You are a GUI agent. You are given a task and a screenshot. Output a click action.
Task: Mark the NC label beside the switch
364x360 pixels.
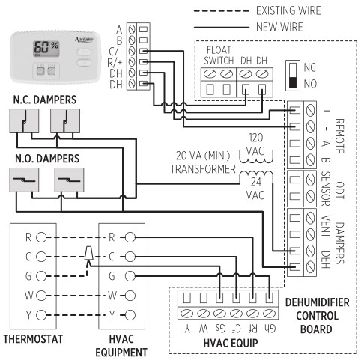pyautogui.click(x=309, y=66)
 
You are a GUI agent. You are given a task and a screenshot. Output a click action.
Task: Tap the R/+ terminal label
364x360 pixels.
pyautogui.click(x=118, y=62)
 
